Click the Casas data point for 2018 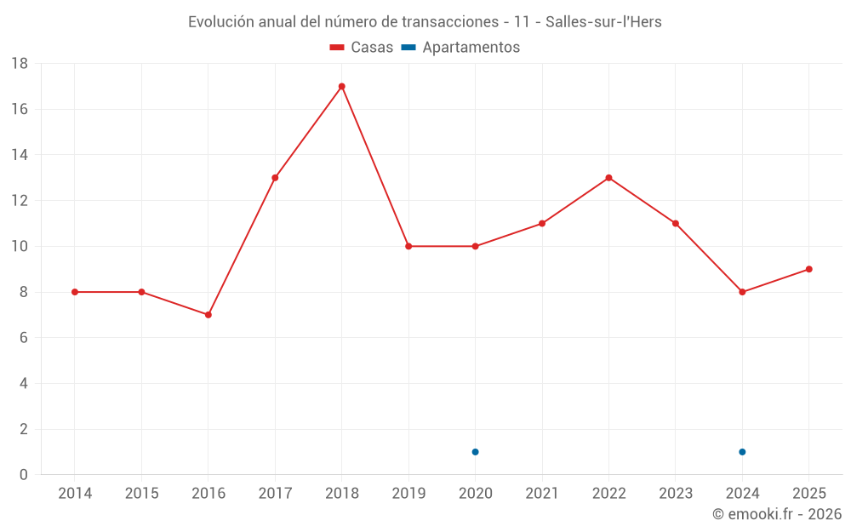341,86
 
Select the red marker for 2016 208,315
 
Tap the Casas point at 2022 608,178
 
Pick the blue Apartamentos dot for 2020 475,452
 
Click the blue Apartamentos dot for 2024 742,452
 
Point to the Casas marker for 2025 808,269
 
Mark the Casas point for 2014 75,292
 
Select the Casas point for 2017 275,178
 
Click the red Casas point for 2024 742,292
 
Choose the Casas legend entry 362,48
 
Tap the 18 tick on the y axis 20,64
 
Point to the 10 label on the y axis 20,247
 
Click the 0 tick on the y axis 23,475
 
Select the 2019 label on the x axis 408,494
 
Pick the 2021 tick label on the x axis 542,494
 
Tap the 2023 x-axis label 675,494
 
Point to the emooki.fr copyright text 777,514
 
